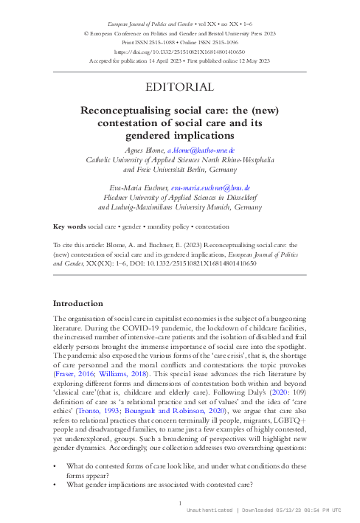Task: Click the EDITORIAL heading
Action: click(180, 88)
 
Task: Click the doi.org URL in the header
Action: click(180, 53)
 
